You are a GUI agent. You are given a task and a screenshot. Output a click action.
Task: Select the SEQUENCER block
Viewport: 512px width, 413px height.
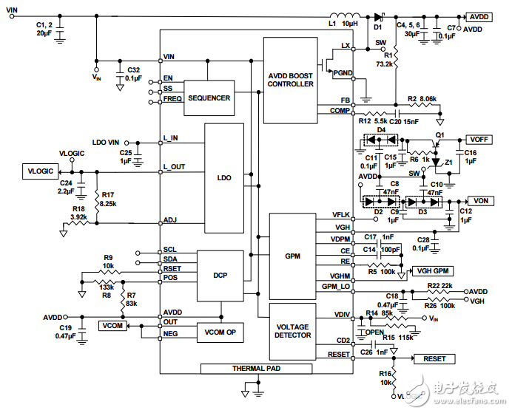209,98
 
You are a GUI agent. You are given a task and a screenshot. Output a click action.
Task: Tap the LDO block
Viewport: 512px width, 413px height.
224,178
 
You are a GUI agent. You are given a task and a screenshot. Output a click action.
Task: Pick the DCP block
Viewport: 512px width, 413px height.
220,275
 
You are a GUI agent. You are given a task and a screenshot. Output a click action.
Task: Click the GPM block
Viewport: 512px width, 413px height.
292,256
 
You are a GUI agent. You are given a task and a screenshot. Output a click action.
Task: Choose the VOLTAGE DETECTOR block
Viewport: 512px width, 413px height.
293,331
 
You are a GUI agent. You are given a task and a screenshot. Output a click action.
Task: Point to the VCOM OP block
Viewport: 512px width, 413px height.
220,333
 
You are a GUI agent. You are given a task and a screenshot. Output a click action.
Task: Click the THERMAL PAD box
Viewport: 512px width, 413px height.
257,368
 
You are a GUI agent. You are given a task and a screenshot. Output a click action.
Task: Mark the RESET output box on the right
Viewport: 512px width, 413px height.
434,358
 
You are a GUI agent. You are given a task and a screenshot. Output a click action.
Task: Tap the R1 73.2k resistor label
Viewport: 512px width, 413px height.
384,61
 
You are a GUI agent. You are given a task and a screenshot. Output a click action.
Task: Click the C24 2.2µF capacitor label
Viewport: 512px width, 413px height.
67,187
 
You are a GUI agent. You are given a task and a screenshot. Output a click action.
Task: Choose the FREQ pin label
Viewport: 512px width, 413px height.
173,99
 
